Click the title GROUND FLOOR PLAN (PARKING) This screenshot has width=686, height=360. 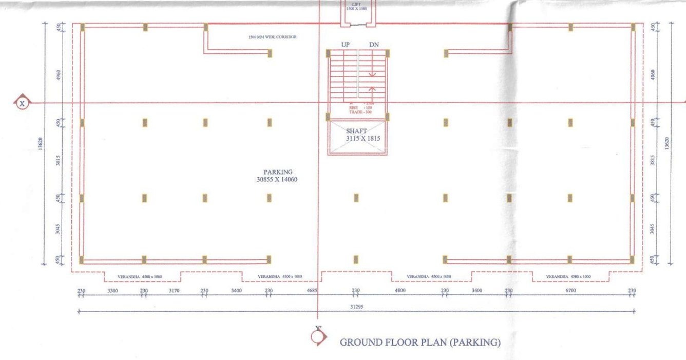[420, 343]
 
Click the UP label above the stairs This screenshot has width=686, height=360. [346, 45]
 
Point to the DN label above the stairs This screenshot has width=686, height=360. [374, 45]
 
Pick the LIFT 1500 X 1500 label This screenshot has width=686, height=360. [356, 7]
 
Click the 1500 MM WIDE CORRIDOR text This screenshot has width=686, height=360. [272, 37]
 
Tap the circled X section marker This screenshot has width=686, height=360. [22, 103]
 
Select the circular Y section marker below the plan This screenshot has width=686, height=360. [318, 336]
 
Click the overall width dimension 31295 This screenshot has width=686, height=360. [355, 307]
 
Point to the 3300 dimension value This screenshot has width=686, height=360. [112, 291]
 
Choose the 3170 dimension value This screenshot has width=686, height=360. [174, 291]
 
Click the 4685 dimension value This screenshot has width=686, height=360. [312, 291]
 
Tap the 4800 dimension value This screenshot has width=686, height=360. [400, 291]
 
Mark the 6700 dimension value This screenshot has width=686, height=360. [570, 291]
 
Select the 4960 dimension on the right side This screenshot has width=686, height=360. [653, 75]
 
